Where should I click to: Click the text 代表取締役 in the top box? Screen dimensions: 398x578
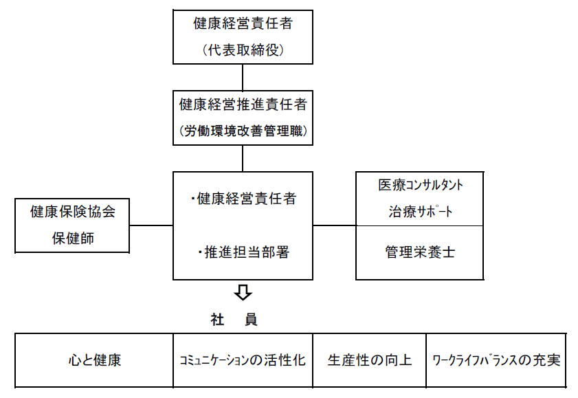(243, 49)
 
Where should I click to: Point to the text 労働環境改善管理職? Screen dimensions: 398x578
(243, 130)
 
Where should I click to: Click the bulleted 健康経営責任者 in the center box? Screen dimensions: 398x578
(243, 199)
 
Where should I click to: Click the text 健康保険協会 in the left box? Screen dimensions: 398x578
(72, 212)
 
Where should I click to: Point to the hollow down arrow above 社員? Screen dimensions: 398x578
(243, 292)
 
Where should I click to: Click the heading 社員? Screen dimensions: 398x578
(234, 320)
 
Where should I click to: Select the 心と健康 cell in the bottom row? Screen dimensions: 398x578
(94, 360)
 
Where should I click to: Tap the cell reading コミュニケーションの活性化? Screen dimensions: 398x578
(243, 360)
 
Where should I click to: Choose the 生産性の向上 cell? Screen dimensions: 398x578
(370, 360)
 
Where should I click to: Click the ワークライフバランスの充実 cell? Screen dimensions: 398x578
(496, 360)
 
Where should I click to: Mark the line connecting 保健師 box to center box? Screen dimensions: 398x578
(151, 225)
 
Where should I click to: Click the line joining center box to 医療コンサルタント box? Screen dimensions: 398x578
(334, 225)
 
